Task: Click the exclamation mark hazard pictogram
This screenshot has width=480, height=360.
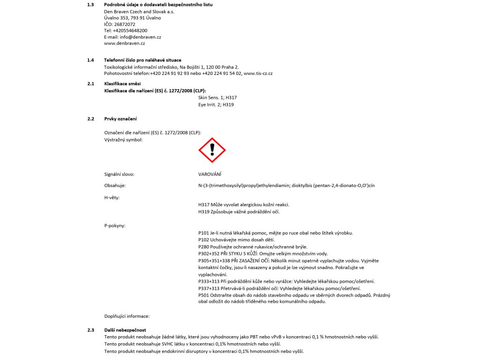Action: tap(212, 150)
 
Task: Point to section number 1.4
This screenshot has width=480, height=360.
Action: tap(90, 60)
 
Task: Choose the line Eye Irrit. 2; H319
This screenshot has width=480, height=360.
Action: tap(216, 105)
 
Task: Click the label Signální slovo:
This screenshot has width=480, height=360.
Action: tap(119, 174)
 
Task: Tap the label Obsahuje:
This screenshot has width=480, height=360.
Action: tap(115, 186)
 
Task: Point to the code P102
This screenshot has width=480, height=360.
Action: tap(204, 240)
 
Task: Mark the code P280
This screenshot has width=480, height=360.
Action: tap(204, 247)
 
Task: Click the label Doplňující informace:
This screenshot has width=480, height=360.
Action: tap(127, 316)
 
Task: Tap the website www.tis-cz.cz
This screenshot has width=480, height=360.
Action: tap(258, 74)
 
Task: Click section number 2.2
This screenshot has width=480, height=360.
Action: tap(90, 119)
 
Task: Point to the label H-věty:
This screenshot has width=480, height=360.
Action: tap(112, 197)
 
